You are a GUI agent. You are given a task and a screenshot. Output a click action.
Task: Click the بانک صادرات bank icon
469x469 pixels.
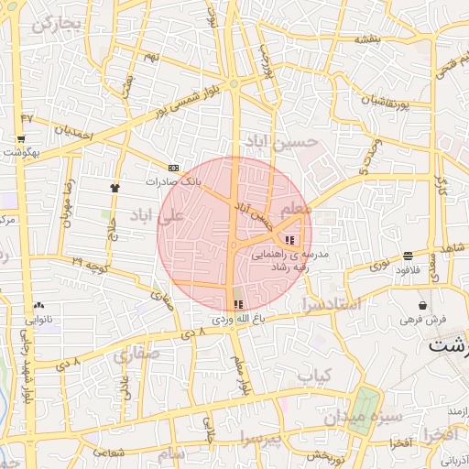point(174,168)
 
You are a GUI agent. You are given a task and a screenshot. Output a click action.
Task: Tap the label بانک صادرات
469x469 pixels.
point(174,181)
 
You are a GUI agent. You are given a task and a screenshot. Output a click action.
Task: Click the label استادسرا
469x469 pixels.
point(342,303)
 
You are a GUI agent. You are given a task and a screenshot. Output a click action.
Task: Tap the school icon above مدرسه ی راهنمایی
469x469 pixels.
point(290,240)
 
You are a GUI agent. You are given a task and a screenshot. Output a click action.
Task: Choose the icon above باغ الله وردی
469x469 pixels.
point(239,304)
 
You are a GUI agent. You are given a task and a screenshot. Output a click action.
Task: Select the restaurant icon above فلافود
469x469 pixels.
point(407,256)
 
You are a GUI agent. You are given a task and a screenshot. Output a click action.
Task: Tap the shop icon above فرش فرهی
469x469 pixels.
point(422,305)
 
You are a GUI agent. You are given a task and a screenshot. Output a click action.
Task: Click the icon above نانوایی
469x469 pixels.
point(38,306)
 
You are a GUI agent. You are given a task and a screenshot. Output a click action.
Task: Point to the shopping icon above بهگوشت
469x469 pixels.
point(20,139)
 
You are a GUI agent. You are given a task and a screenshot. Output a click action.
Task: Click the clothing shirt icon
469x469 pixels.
point(115,187)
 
